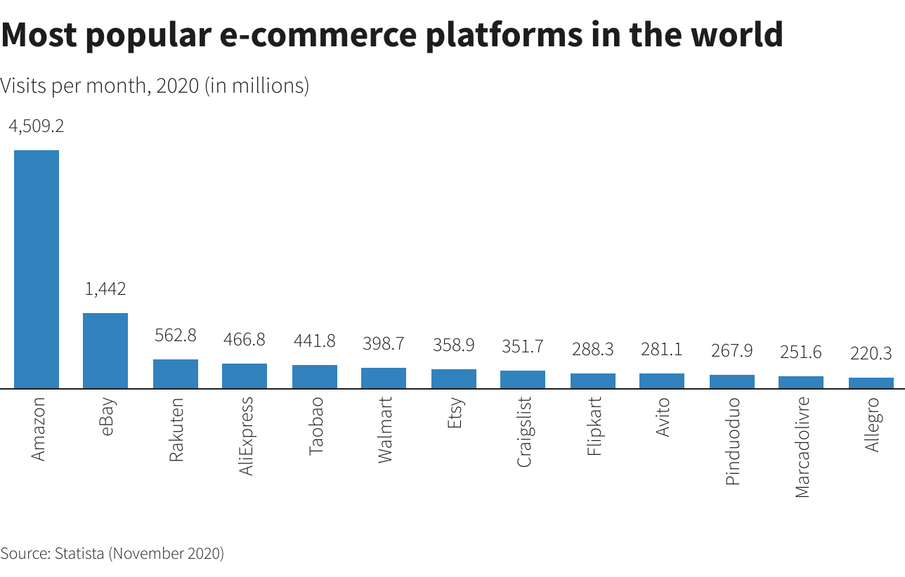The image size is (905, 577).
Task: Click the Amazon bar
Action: [x=37, y=269]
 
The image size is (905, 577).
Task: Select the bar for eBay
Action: [x=105, y=350]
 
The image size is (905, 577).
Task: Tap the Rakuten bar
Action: [x=175, y=373]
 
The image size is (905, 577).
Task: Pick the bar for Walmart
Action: [x=383, y=378]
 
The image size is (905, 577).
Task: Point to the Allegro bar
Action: [x=871, y=383]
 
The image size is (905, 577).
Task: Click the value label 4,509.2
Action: [x=37, y=126]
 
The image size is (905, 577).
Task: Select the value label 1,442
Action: [x=105, y=288]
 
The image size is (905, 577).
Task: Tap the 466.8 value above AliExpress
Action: [x=244, y=340]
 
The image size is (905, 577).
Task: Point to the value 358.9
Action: [x=452, y=345]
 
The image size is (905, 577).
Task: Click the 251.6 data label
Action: [x=800, y=352]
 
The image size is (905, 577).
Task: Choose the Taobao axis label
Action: [x=315, y=426]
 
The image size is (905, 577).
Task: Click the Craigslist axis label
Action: [x=523, y=432]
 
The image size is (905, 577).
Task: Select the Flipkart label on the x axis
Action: [x=594, y=426]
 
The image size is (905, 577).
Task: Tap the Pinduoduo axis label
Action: [x=732, y=441]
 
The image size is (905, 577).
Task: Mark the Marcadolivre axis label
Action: [x=802, y=447]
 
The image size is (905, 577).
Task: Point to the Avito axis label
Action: [x=662, y=417]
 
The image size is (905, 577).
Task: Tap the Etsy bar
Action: [x=453, y=378]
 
